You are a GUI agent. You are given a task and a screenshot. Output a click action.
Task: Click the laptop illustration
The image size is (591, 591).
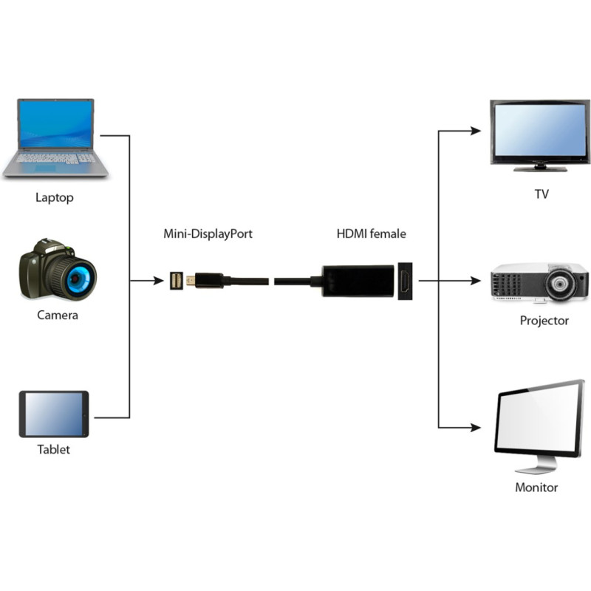[55, 138]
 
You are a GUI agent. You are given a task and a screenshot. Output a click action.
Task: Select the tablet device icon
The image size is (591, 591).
[54, 414]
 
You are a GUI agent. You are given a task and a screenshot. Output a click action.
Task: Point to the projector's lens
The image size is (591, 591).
[560, 284]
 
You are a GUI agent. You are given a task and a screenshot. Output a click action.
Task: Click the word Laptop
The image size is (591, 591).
[55, 197]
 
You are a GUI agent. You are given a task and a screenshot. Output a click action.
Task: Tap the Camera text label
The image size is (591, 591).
[58, 315]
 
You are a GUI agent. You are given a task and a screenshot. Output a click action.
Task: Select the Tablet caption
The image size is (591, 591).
[53, 449]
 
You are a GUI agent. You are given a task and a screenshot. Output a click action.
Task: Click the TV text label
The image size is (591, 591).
[542, 194]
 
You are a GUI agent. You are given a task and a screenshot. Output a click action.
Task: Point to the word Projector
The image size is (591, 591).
[544, 321]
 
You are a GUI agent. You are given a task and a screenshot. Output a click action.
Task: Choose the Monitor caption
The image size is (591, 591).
[536, 488]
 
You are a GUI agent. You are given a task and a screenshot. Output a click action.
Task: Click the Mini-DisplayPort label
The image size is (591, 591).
[208, 233]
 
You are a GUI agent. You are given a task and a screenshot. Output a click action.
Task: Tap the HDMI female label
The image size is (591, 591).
[372, 233]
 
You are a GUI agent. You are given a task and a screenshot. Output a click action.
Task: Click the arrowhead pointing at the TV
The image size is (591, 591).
[476, 131]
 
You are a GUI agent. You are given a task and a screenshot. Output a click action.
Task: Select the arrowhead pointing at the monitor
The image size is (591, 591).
[476, 428]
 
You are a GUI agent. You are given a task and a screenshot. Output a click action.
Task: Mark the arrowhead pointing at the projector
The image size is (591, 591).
[476, 281]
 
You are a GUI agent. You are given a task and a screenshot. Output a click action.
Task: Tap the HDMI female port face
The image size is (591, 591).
[405, 281]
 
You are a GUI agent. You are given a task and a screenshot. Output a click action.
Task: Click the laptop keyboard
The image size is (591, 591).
[55, 158]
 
